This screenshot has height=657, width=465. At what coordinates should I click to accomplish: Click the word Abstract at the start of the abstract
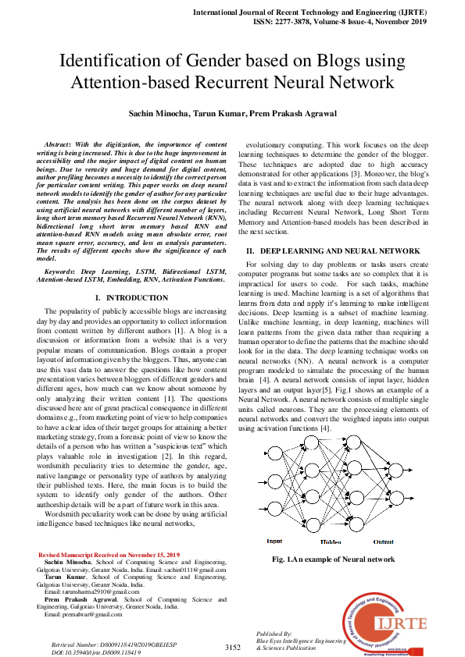(x=58, y=144)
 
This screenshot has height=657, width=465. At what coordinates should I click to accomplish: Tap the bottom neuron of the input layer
(x=274, y=511)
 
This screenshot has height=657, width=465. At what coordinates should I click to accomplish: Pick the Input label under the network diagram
(x=274, y=541)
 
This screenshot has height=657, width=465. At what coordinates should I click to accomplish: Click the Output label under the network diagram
(x=384, y=542)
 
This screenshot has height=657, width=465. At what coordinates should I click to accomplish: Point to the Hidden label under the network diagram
(x=331, y=542)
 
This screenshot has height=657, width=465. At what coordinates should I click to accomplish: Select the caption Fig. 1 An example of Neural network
(x=333, y=559)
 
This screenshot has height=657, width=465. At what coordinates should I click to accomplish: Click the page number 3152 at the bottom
(x=232, y=647)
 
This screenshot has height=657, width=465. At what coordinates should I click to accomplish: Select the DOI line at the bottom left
(x=95, y=651)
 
